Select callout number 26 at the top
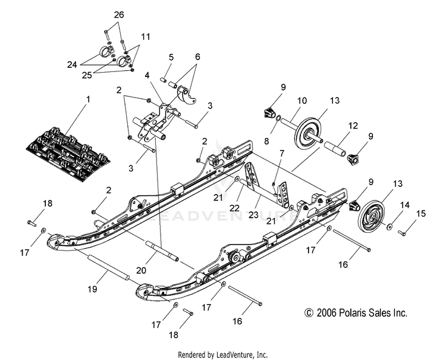click(x=120, y=14)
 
